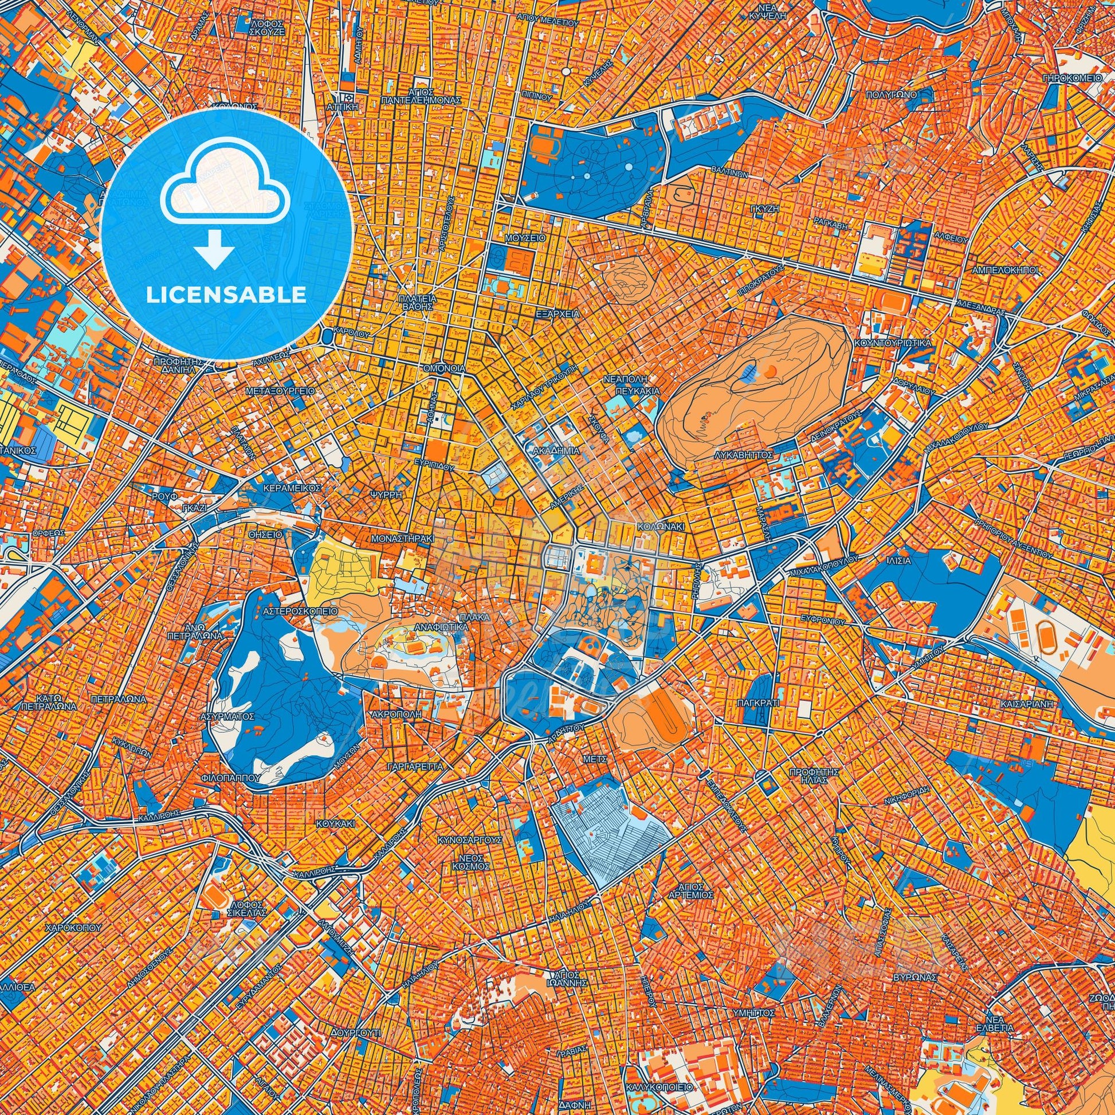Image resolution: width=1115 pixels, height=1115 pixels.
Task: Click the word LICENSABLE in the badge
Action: click(226, 295)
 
